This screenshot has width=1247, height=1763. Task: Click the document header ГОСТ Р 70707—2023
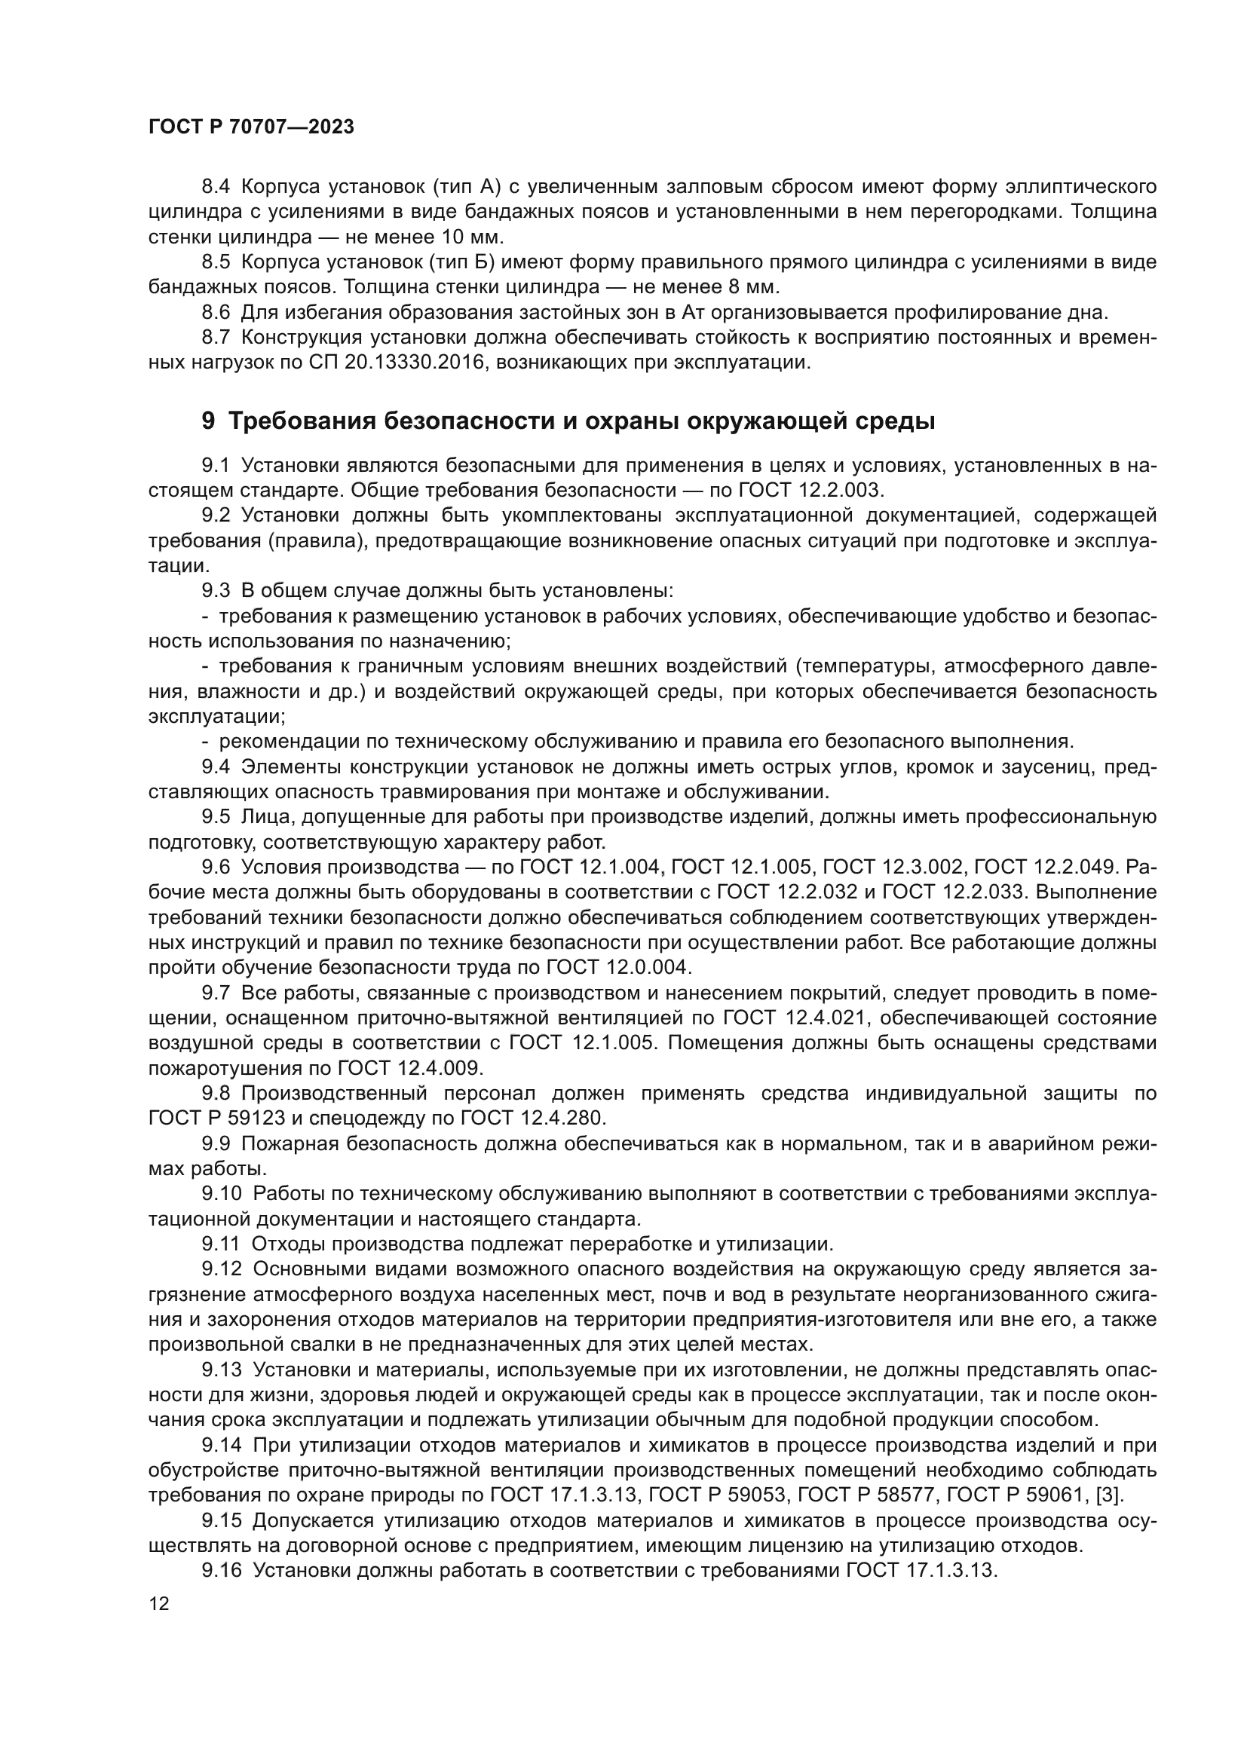click(x=251, y=127)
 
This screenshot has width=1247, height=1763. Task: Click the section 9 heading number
click(x=208, y=421)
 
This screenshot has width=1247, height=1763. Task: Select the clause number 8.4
click(x=216, y=187)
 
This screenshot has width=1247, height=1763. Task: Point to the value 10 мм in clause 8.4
click(x=471, y=237)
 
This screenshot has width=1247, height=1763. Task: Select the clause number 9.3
click(x=216, y=590)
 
